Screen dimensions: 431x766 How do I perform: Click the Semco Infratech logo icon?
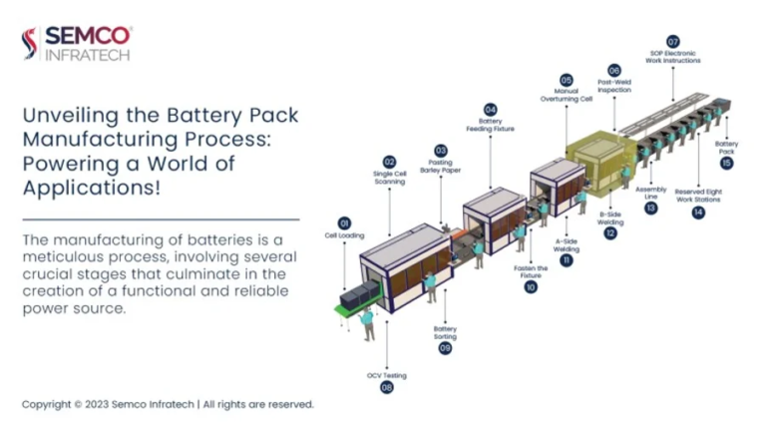(29, 43)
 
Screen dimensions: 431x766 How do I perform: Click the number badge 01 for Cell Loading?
(345, 222)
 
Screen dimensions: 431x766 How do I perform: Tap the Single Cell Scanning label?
(389, 177)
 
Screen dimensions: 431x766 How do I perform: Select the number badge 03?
(441, 150)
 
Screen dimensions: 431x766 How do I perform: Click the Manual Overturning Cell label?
(566, 96)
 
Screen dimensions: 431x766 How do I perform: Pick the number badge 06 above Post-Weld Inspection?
(614, 70)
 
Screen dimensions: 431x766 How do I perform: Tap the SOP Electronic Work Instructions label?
(672, 57)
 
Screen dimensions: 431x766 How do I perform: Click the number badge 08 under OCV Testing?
(387, 387)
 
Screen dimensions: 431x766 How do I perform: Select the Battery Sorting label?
(445, 332)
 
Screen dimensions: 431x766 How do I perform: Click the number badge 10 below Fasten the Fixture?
(531, 287)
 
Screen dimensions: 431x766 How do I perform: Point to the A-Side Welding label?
(566, 244)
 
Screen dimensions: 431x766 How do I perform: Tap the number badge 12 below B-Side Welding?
(610, 233)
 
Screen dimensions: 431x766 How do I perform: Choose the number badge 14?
(698, 213)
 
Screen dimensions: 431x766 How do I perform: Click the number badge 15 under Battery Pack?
(726, 163)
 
